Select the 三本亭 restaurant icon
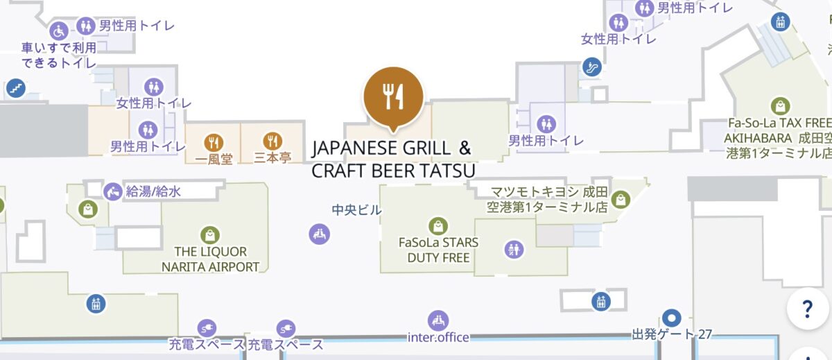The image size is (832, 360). [x=274, y=141]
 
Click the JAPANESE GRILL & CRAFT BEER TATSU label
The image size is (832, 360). [x=392, y=159]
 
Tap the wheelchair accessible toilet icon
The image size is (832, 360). [x=59, y=31]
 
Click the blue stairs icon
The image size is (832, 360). [x=15, y=88]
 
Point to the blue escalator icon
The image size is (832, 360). [x=591, y=67]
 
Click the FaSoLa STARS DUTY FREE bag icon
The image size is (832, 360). [x=437, y=225]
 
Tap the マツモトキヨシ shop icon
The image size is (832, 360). [x=619, y=199]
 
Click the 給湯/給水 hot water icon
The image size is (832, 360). [x=112, y=191]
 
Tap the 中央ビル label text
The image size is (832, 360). [x=356, y=209]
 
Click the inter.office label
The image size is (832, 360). [x=438, y=338]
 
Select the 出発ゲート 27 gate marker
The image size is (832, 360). [x=670, y=318]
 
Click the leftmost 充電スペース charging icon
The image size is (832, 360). [x=206, y=327]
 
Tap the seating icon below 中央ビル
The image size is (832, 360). [x=319, y=234]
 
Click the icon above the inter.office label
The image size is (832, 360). [x=437, y=320]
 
